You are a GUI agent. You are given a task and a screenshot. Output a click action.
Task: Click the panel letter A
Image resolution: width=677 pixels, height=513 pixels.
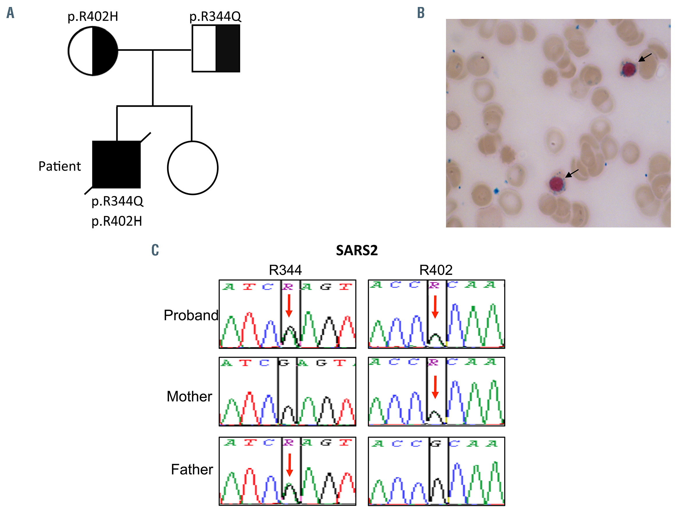tap(10, 13)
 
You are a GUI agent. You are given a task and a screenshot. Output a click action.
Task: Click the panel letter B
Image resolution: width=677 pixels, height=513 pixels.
tap(421, 13)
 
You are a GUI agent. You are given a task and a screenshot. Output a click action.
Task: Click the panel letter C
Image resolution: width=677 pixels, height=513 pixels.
tap(155, 250)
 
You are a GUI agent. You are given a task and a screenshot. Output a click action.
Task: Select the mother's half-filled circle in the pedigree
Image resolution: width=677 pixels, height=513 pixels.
tap(93, 51)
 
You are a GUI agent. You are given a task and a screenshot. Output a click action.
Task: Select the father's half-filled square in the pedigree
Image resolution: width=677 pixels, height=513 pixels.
tap(216, 48)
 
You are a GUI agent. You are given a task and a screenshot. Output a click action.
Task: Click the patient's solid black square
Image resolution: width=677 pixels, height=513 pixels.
tap(116, 165)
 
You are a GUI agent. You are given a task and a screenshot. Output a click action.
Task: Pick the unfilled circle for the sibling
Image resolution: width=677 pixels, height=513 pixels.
tap(193, 168)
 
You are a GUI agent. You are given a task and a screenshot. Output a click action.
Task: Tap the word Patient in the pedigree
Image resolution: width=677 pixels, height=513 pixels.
tap(59, 166)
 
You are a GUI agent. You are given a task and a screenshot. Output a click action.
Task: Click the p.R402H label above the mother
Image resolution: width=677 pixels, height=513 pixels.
tap(93, 17)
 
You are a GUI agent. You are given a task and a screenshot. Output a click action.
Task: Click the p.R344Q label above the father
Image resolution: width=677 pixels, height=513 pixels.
tap(215, 17)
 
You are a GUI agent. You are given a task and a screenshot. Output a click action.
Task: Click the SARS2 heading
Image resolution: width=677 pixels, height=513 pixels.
tap(357, 250)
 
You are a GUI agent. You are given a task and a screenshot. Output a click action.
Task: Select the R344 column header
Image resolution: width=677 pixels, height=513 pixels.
tap(285, 270)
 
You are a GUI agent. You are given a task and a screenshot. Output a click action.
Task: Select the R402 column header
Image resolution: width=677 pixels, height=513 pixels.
tap(436, 270)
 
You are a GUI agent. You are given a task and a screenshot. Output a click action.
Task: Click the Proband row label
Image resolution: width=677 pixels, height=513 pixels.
tap(191, 315)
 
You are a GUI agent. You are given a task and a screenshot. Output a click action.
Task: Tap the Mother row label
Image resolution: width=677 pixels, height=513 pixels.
tap(189, 396)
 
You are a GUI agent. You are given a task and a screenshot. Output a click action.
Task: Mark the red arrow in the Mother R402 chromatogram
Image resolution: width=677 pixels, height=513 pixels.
tap(435, 387)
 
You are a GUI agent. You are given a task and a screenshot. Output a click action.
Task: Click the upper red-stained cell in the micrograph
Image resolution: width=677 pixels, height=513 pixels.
tap(628, 69)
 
